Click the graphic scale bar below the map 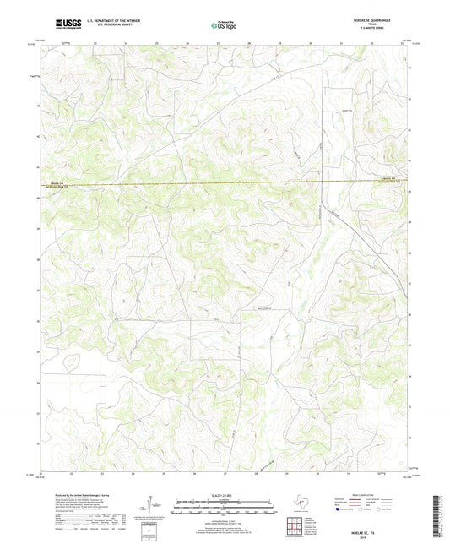(224, 509)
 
